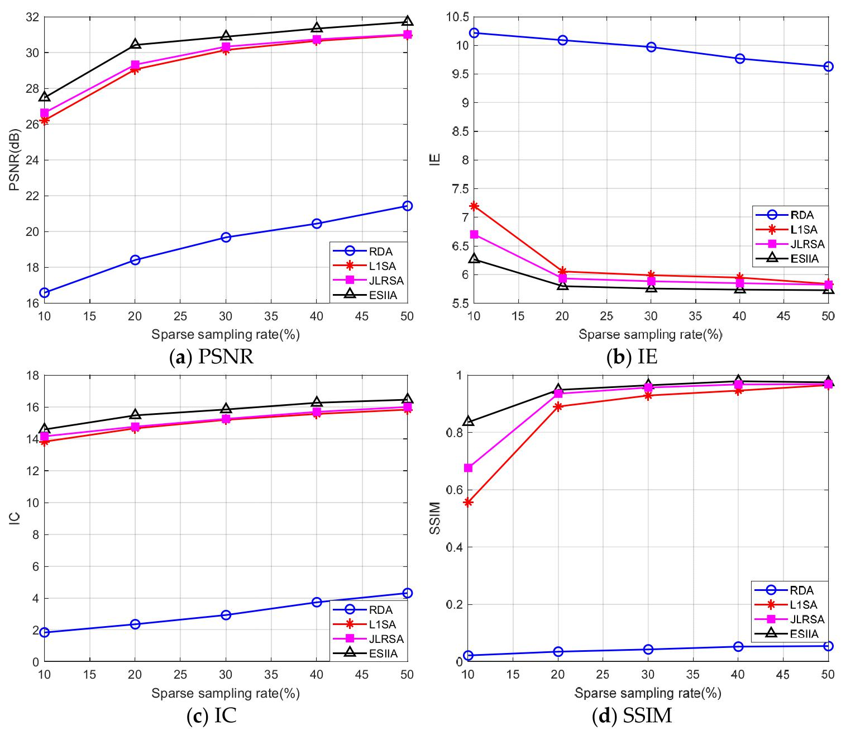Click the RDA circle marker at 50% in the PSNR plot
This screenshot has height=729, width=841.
407,206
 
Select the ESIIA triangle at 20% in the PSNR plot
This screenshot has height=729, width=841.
135,44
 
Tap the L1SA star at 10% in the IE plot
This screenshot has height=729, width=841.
474,206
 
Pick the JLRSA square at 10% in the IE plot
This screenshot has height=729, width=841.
474,234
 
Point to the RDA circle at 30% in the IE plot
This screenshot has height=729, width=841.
651,47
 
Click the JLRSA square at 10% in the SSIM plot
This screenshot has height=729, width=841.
469,467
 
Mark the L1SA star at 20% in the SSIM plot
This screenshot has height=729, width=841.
558,406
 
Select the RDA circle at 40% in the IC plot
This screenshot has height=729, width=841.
317,602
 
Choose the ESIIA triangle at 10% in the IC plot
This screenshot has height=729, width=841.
44,428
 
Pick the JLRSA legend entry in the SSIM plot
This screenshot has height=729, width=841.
789,619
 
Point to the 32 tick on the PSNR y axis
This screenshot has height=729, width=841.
32,17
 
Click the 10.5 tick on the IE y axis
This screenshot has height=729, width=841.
457,17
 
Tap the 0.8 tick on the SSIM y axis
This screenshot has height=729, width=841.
455,433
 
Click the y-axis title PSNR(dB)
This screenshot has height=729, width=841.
15,160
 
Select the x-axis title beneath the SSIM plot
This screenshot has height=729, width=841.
648,693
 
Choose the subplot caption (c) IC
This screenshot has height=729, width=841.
211,716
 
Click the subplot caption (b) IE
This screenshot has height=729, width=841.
632,357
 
